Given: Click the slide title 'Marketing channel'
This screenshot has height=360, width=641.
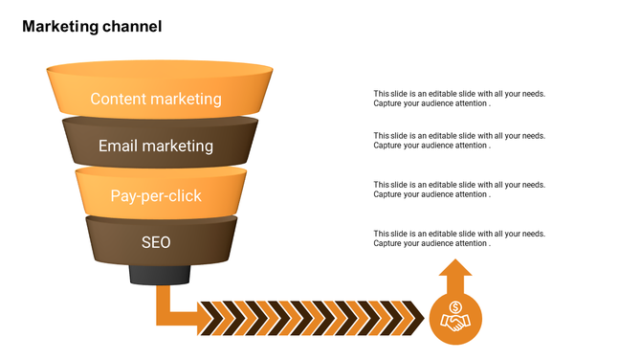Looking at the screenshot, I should (92, 27).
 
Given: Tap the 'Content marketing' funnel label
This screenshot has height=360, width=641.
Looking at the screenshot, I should (156, 99).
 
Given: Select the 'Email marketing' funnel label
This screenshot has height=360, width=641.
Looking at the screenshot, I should (156, 146).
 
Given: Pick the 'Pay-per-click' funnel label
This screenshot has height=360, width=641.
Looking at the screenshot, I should (156, 195).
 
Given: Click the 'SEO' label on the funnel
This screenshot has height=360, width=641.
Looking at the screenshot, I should (156, 242).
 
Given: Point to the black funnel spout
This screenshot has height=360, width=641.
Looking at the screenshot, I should (159, 276).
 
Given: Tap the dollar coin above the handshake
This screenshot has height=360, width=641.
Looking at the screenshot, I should (455, 307).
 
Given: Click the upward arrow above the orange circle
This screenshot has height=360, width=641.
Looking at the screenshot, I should (455, 280).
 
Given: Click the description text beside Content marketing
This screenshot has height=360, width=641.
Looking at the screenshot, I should (459, 99).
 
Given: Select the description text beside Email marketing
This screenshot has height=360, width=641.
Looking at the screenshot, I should (459, 141).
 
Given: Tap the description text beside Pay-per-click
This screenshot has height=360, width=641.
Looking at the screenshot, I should (459, 190).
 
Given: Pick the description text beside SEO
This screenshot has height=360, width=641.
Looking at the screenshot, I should (459, 238).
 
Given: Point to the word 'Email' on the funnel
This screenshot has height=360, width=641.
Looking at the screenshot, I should (118, 146).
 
